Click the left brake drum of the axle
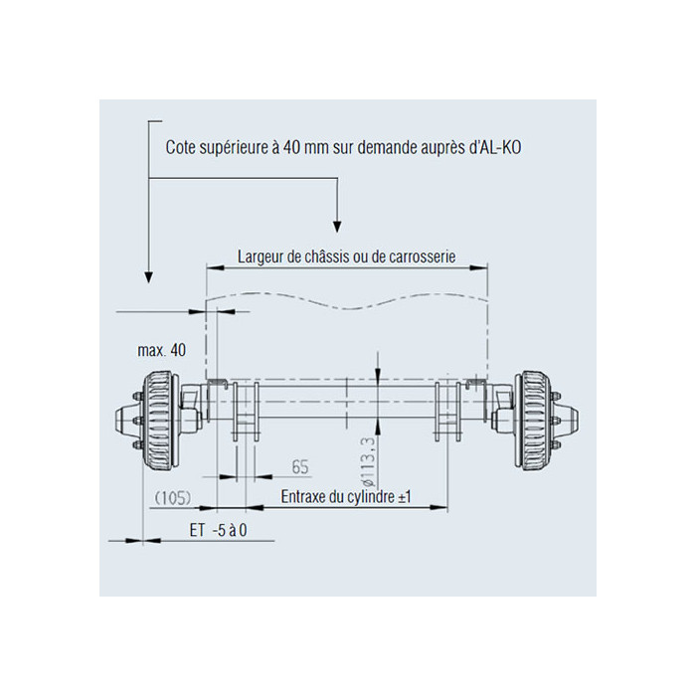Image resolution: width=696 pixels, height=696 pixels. tap(158, 421)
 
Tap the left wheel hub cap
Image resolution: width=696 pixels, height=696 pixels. tap(123, 421)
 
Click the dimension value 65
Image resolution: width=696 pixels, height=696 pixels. tap(300, 467)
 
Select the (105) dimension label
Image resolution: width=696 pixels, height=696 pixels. tap(173, 498)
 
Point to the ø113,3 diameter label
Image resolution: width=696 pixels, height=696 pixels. tap(369, 460)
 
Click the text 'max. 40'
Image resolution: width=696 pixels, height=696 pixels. tap(161, 350)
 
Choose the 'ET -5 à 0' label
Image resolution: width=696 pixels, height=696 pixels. tap(218, 530)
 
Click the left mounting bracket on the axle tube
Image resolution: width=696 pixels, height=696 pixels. tap(246, 412)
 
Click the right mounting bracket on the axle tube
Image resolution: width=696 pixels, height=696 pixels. tap(448, 412)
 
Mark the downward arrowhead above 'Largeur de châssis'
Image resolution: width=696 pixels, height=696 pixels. tap(337, 226)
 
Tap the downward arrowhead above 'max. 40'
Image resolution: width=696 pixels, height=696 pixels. tap(149, 277)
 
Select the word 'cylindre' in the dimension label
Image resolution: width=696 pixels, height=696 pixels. tap(371, 497)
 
